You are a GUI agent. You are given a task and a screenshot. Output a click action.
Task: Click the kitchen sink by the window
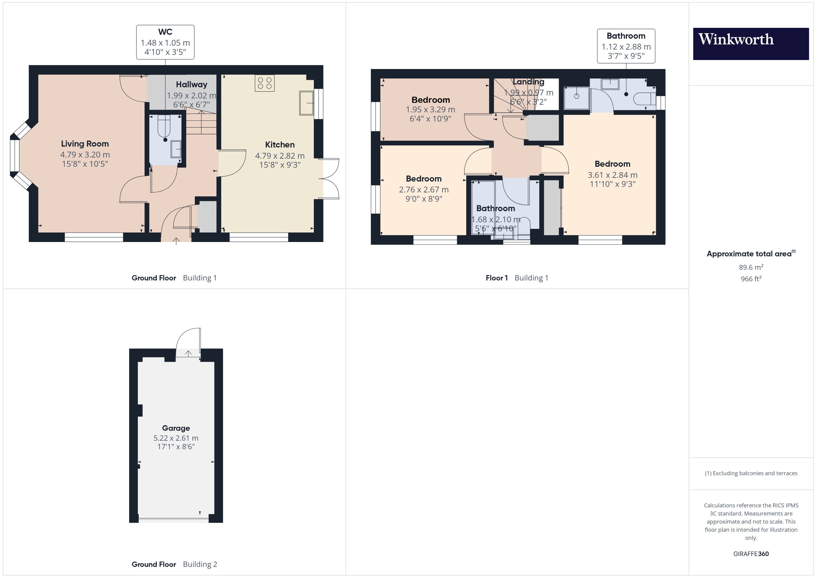[306, 103]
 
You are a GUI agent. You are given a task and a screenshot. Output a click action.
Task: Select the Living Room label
[85, 144]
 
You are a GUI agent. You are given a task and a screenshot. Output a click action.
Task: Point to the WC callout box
[165, 42]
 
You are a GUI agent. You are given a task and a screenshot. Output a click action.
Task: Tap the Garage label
[176, 428]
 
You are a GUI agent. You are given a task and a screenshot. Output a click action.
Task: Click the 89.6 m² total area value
[751, 267]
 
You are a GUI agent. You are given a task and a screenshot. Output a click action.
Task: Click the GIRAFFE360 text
[751, 554]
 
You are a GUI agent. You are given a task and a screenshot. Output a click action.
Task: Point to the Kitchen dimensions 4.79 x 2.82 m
[280, 156]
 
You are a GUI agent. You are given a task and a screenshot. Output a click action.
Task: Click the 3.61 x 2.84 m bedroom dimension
[612, 175]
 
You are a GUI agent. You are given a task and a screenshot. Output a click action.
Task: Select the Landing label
[528, 82]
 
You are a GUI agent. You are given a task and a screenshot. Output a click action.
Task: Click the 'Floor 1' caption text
[496, 278]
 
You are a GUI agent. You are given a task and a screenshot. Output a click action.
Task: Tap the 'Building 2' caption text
[200, 564]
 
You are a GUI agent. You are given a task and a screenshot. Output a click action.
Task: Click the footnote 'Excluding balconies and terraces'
[751, 473]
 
